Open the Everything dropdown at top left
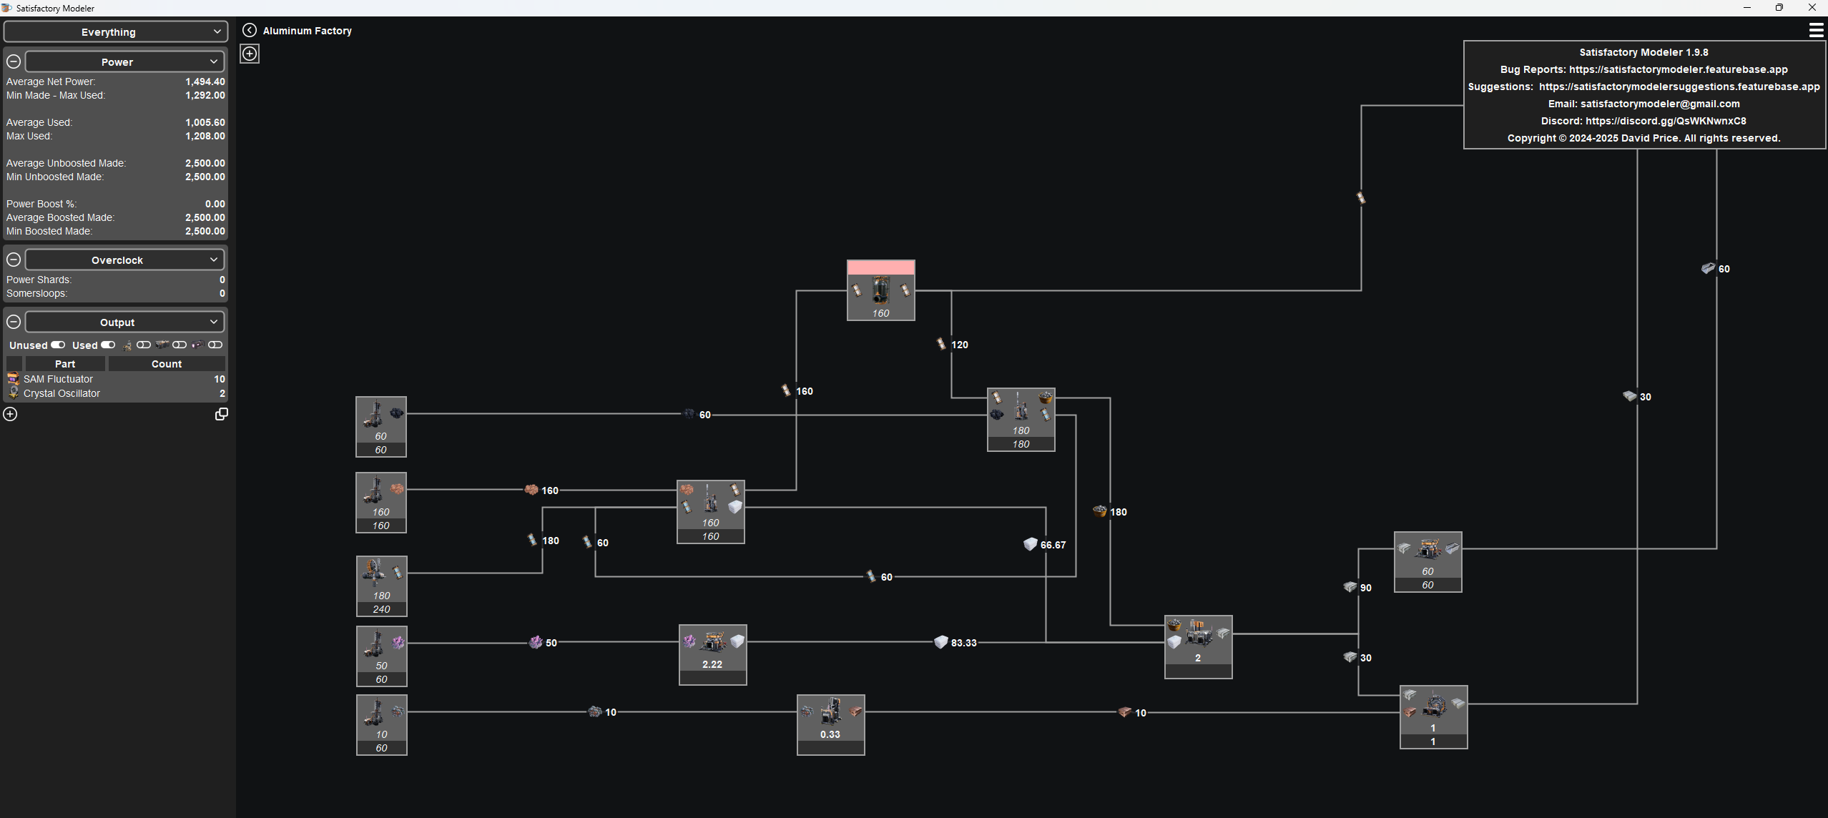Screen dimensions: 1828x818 [116, 31]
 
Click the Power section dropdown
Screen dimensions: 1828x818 [125, 61]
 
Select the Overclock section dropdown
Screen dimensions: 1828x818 [125, 260]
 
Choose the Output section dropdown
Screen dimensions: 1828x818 [125, 322]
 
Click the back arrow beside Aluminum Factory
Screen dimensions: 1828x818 [249, 30]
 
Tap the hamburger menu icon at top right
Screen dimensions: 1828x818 [1816, 30]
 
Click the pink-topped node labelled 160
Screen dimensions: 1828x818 [880, 290]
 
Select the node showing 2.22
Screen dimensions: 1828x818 [712, 654]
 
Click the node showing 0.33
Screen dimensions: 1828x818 [830, 724]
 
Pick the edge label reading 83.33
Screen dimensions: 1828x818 [963, 643]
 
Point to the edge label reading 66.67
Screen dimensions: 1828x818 [1053, 545]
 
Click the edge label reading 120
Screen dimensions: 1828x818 [959, 345]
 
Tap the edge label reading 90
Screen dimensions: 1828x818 [1365, 588]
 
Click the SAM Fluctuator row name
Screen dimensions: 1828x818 [58, 379]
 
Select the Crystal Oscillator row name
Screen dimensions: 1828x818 [62, 393]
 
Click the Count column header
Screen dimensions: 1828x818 [167, 364]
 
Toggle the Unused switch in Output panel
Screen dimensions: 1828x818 [58, 345]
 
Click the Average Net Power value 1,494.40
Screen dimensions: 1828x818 [205, 82]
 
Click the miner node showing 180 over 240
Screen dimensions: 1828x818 [381, 586]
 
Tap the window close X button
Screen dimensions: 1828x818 [1812, 7]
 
